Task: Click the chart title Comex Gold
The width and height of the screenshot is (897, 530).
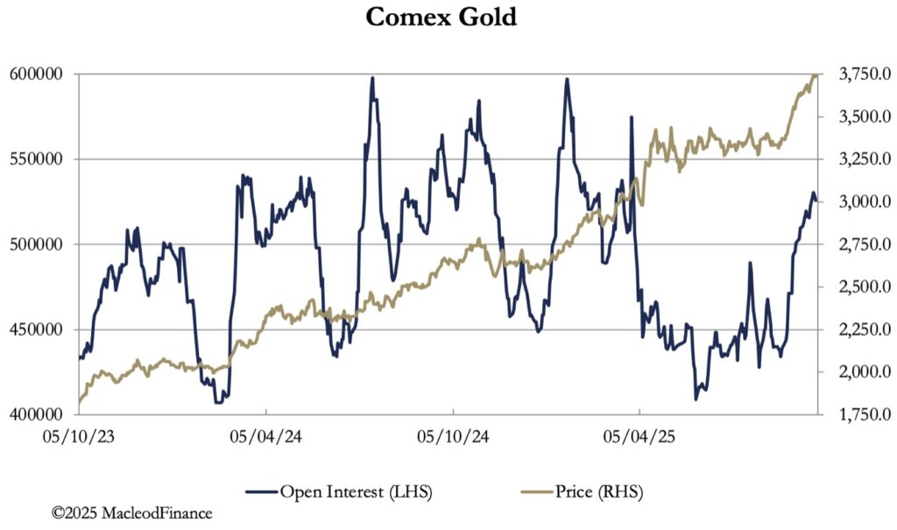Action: click(441, 18)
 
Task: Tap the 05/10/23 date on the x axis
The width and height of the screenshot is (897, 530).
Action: click(78, 435)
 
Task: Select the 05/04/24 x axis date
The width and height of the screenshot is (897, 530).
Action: click(265, 435)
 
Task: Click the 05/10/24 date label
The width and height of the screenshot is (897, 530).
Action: click(453, 435)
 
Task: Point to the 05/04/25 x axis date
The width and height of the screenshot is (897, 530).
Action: click(640, 435)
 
